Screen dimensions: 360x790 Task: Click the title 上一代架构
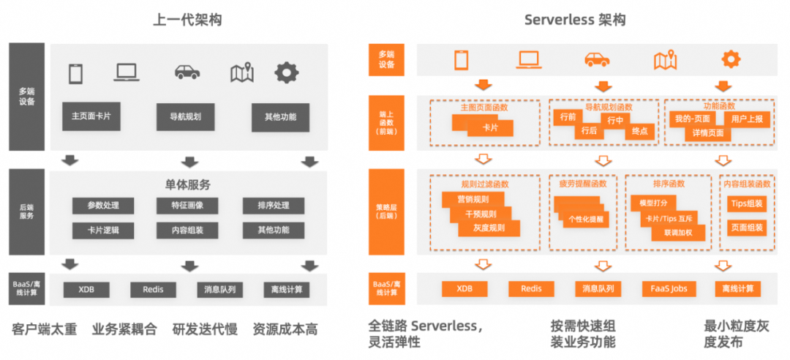pyautogui.click(x=187, y=20)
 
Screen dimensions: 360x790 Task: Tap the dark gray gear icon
pyautogui.click(x=286, y=72)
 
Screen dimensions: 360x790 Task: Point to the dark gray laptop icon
pyautogui.click(x=127, y=72)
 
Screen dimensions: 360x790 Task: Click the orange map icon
pyautogui.click(x=665, y=59)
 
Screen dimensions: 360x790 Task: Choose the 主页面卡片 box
pyautogui.click(x=91, y=116)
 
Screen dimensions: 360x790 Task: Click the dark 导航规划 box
pyautogui.click(x=186, y=116)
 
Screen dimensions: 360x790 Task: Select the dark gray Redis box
pyautogui.click(x=153, y=290)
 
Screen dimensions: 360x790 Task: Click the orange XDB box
pyautogui.click(x=464, y=288)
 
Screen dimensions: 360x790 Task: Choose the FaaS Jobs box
pyautogui.click(x=668, y=288)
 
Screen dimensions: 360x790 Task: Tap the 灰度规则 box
pyautogui.click(x=491, y=228)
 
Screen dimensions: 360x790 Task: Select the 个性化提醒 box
pyautogui.click(x=585, y=218)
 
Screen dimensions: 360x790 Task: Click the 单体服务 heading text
pyautogui.click(x=187, y=185)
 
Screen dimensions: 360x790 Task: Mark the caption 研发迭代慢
pyautogui.click(x=206, y=329)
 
